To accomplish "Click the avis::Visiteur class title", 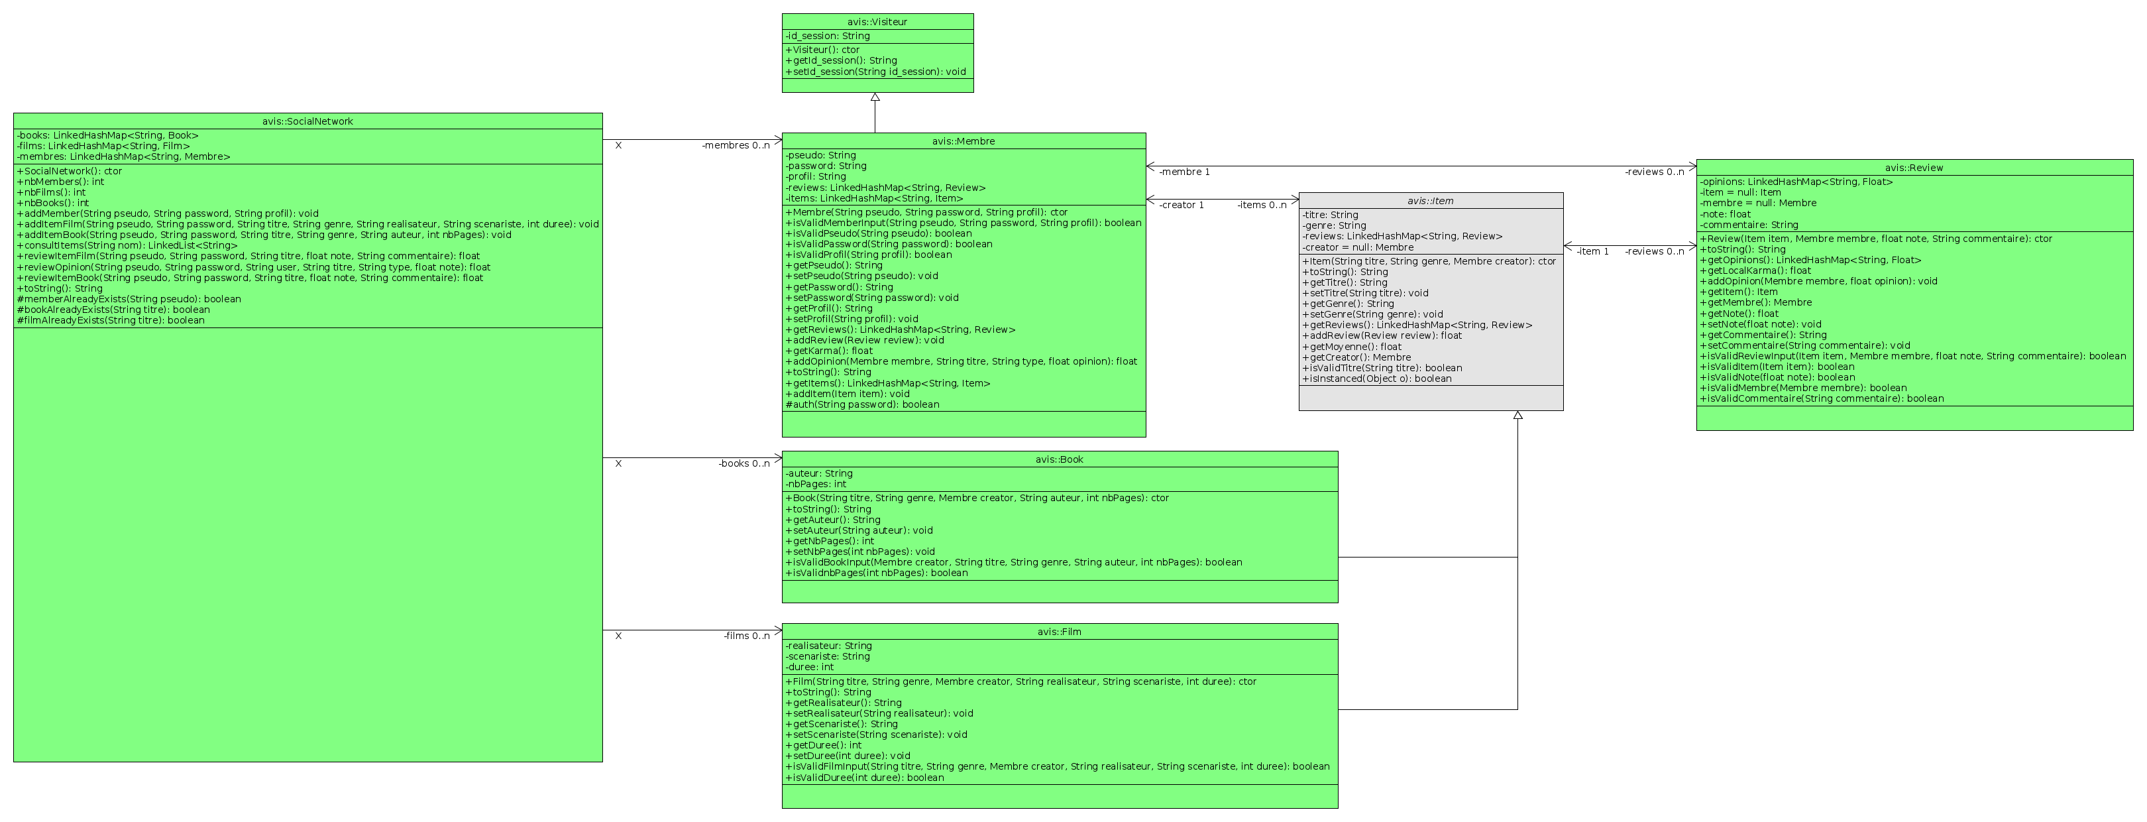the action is pyautogui.click(x=877, y=22).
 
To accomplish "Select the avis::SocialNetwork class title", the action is pyautogui.click(x=307, y=122).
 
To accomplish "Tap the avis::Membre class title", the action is pyautogui.click(x=963, y=142).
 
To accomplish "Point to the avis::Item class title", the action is pyautogui.click(x=1430, y=201).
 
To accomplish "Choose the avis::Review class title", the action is pyautogui.click(x=1914, y=168).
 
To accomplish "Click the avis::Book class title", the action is pyautogui.click(x=1060, y=460).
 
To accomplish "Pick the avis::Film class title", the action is pyautogui.click(x=1060, y=632).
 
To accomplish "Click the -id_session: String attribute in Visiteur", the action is pyautogui.click(x=828, y=36).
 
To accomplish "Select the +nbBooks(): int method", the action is pyautogui.click(x=52, y=203).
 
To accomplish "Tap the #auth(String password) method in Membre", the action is pyautogui.click(x=862, y=405).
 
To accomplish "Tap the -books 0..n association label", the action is pyautogui.click(x=744, y=463).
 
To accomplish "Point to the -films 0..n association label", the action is pyautogui.click(x=747, y=636).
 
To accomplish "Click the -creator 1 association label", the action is pyautogui.click(x=1181, y=205).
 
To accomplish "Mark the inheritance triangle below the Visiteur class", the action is pyautogui.click(x=875, y=97).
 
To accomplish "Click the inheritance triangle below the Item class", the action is pyautogui.click(x=1517, y=415).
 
